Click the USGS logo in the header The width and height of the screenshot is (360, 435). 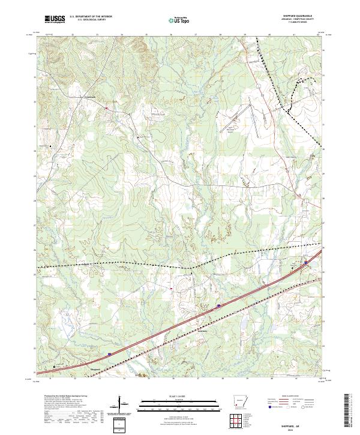[55, 19]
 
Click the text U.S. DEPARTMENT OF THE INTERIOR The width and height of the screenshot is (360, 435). [91, 17]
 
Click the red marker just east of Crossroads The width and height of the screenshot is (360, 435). [106, 108]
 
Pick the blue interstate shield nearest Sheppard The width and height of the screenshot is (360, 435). [110, 354]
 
